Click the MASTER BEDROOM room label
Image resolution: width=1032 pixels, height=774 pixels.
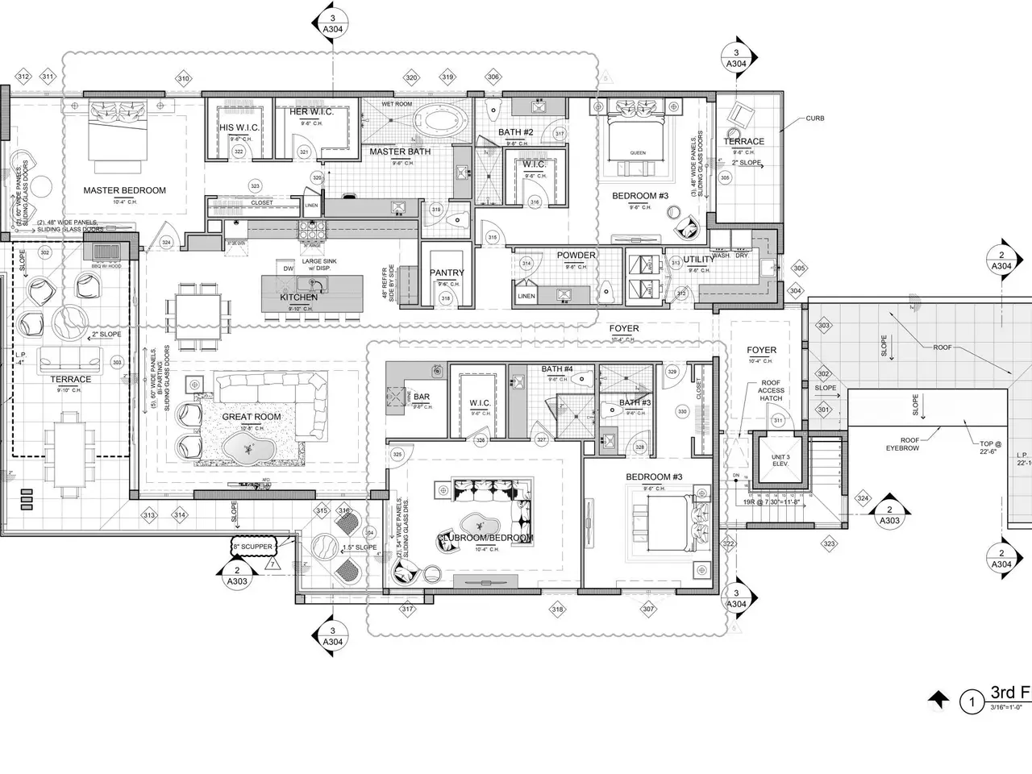[125, 191]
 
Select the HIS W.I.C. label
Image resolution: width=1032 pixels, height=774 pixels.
[238, 128]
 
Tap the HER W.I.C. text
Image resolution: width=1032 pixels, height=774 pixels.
[311, 112]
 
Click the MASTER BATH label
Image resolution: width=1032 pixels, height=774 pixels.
[400, 152]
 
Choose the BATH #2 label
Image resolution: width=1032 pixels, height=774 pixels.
[515, 133]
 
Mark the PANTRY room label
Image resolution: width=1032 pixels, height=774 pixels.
[446, 273]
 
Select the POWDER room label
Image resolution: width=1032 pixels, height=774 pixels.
[576, 256]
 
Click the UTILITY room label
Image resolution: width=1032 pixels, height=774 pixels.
[698, 260]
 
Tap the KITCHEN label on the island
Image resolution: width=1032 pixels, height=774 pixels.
[298, 298]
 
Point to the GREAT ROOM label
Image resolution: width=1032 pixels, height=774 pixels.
[252, 417]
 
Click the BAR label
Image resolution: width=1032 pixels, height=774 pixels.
[421, 397]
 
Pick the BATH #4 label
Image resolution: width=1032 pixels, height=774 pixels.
[557, 369]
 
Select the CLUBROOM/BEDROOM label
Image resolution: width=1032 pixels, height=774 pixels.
[485, 538]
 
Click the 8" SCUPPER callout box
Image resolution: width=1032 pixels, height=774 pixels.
[252, 547]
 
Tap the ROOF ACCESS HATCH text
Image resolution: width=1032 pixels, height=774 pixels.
[771, 391]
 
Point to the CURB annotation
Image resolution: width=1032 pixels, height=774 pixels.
[814, 119]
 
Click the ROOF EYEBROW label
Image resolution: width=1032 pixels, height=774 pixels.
[902, 443]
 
